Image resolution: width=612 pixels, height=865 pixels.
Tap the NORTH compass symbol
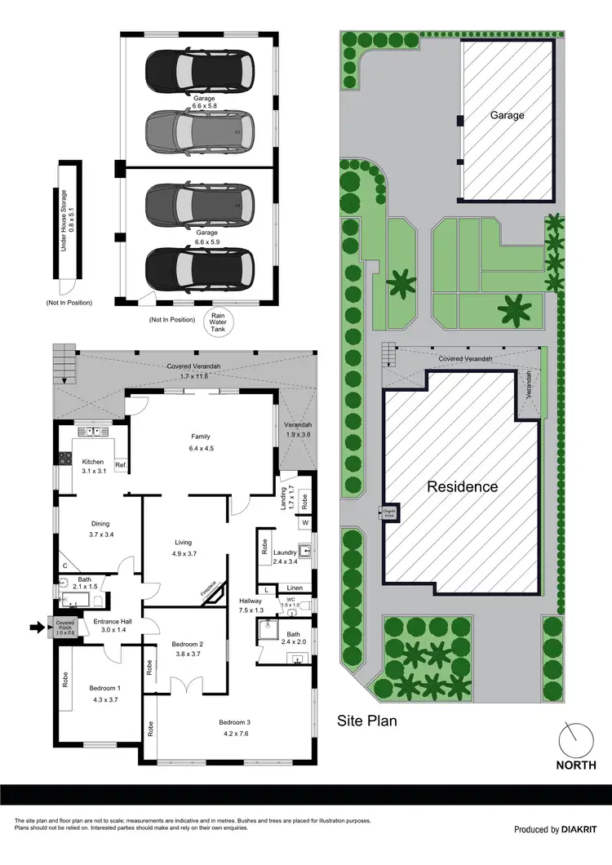[578, 742]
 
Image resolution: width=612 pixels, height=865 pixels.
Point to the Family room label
[201, 441]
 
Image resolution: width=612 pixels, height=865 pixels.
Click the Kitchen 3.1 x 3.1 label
[92, 466]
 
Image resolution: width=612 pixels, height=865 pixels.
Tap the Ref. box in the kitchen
[120, 466]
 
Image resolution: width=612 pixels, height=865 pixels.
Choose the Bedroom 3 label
[237, 727]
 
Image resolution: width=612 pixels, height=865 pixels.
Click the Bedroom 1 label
[104, 693]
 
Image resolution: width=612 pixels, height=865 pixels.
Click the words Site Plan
[366, 721]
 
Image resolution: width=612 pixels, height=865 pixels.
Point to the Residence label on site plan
[463, 487]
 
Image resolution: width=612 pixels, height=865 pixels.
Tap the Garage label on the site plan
[507, 115]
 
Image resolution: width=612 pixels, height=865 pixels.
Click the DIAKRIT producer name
[583, 830]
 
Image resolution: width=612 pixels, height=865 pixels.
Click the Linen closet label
[295, 588]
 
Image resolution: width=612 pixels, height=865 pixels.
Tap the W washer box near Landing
[304, 522]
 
